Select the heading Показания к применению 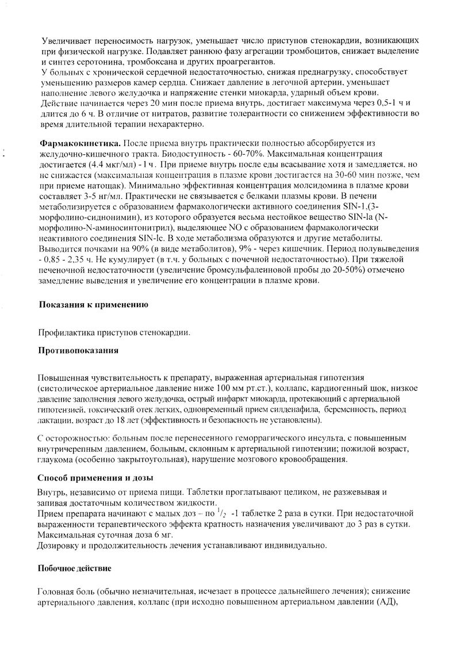[x=94, y=304]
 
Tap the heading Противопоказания [x=78, y=350]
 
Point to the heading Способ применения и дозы [x=95, y=478]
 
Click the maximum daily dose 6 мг [x=148, y=534]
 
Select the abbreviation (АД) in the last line [x=386, y=602]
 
